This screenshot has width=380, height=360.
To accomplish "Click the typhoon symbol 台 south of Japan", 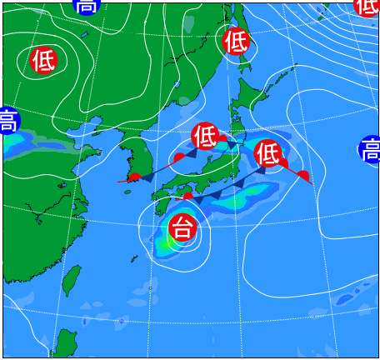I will coord(182,226).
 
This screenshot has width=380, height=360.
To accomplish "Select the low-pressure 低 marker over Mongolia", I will coord(43,60).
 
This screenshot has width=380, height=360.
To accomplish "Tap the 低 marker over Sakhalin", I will coord(237,40).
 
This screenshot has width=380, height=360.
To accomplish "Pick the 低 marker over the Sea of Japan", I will coord(205,135).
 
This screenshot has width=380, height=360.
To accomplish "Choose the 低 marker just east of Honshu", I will coord(267,152).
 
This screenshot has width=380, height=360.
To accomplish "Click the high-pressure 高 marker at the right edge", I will coord(370,150).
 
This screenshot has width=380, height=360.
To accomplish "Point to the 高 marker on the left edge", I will coord(7,121).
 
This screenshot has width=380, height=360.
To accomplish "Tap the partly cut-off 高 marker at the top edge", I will coord(86,6).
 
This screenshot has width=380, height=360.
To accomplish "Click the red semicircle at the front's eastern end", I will coord(304,176).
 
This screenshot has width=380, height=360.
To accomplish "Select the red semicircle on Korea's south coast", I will coord(134,177).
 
